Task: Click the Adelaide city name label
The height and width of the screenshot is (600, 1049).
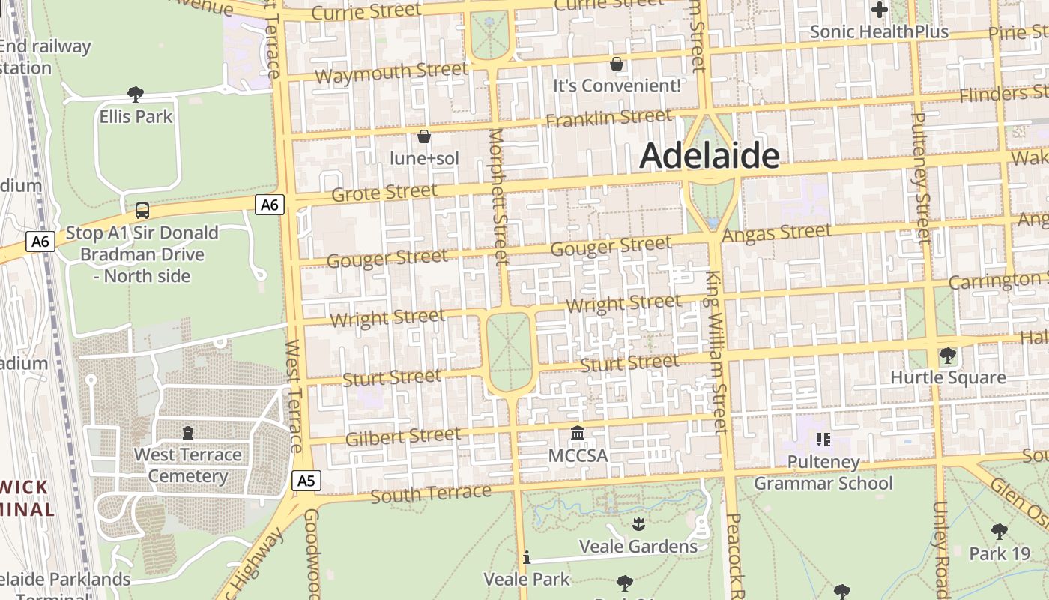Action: pos(709,156)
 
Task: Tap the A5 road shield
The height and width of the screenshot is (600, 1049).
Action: pos(306,481)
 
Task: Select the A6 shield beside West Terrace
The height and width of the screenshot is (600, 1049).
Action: pos(270,204)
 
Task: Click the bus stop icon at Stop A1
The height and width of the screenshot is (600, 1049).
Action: pos(142,211)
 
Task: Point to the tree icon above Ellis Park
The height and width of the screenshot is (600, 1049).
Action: pos(136,94)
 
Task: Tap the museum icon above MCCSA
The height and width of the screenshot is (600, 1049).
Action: pos(577,433)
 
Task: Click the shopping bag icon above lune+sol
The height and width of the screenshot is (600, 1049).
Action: pos(424,136)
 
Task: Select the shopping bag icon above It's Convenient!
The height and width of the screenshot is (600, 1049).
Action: pos(617,64)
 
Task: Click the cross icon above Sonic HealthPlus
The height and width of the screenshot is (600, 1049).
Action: pos(880,10)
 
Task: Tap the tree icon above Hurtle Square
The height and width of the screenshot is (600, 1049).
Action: pos(947,355)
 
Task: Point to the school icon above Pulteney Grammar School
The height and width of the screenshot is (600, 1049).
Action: pos(823,439)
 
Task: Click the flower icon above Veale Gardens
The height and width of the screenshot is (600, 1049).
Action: pos(638,523)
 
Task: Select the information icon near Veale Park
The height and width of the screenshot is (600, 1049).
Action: pos(527,557)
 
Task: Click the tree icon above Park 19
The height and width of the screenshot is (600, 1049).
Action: pos(999,532)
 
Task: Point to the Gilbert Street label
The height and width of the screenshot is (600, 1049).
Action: pos(403,436)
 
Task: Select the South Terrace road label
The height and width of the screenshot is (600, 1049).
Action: pos(431,494)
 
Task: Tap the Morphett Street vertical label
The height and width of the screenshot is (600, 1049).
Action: pos(498,196)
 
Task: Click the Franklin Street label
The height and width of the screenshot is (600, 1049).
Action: pos(608,118)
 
